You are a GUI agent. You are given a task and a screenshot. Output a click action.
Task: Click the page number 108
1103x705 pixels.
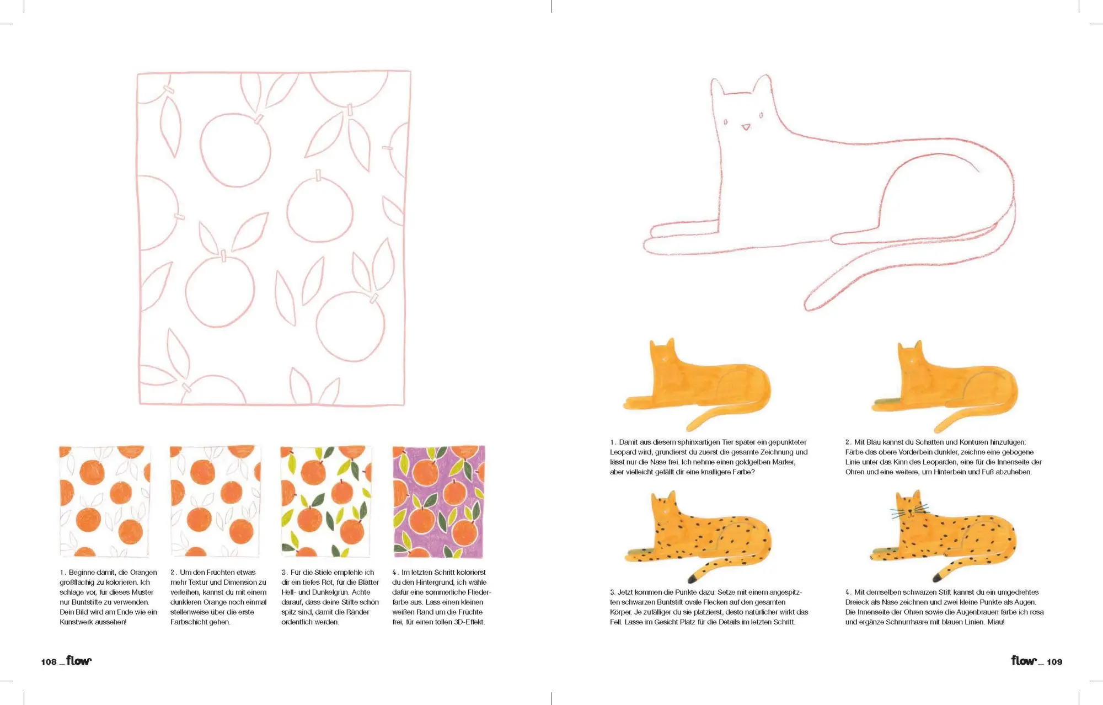pos(49,661)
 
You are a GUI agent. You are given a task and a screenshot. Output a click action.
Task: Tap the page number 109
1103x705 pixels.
pos(1054,661)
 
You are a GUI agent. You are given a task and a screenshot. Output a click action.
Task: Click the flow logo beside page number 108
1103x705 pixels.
pos(79,660)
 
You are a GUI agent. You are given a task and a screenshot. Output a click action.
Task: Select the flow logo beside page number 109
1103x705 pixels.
pos(1024,660)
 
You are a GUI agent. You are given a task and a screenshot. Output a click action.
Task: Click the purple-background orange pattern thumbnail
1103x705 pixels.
pos(438,501)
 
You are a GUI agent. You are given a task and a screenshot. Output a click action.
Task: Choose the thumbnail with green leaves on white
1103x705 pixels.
pos(326,501)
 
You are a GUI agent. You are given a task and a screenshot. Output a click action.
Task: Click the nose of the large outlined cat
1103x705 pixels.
pos(746,127)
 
